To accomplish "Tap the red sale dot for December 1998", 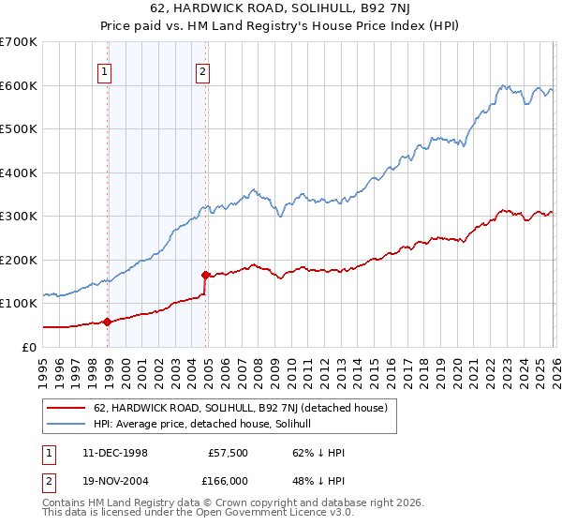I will coord(107,322).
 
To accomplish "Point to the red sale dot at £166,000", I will coord(205,275).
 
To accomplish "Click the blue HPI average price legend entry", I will coord(208,425).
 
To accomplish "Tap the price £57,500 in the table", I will coord(229,453).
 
